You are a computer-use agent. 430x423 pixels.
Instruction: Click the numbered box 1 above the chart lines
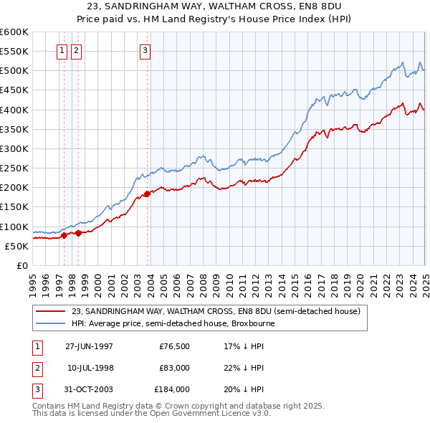coord(62,50)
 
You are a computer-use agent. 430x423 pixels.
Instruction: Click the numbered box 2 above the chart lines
coord(76,50)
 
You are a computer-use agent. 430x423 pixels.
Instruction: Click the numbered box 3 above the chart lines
coord(145,50)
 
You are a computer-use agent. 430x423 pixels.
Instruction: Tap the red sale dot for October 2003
coord(147,194)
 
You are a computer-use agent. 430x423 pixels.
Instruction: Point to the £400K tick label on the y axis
coord(14,110)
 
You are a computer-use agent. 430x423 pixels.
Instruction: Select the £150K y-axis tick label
coord(14,207)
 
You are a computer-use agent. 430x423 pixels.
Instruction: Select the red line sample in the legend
coord(50,311)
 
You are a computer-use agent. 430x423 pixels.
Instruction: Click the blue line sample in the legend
coord(50,323)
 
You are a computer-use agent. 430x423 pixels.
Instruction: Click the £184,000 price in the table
coord(172,390)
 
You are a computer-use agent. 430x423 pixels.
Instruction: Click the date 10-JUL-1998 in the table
coord(89,368)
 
